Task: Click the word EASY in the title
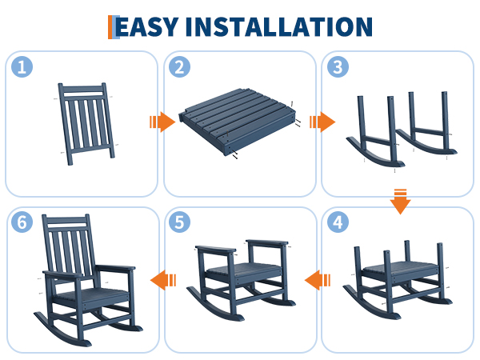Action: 147,27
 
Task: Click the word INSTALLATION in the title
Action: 279,27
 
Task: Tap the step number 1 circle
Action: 22,66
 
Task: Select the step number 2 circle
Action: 180,66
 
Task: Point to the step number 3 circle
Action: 338,66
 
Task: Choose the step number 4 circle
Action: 338,222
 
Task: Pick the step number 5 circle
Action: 180,222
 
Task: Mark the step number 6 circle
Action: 22,222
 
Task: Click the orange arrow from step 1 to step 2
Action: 162,122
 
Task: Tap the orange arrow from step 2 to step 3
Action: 322,122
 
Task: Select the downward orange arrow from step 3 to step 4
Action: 401,202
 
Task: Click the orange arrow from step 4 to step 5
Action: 318,280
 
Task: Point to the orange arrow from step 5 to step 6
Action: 163,280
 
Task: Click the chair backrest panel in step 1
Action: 86,123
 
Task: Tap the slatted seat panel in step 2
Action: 238,122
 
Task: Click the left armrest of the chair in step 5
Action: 216,249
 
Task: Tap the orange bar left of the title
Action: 110,27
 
